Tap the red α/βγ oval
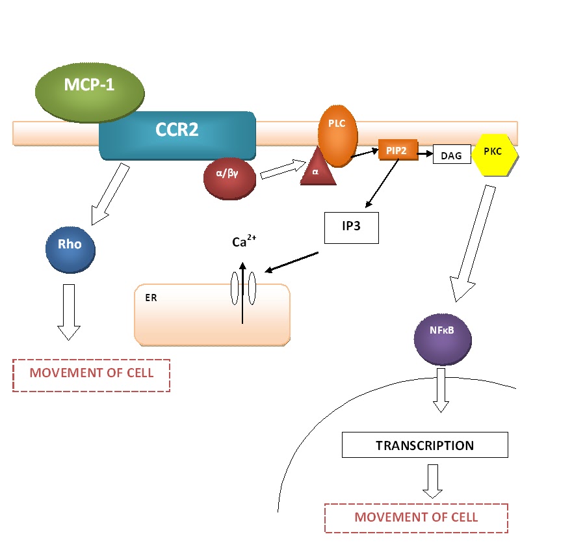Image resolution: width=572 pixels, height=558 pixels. (229, 178)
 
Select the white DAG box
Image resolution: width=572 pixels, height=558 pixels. (451, 154)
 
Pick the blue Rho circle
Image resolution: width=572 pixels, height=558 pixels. (70, 248)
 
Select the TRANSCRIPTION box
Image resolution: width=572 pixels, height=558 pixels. (424, 445)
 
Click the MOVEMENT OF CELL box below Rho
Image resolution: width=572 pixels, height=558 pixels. (91, 375)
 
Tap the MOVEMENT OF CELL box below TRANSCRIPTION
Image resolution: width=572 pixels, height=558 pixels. (416, 518)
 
